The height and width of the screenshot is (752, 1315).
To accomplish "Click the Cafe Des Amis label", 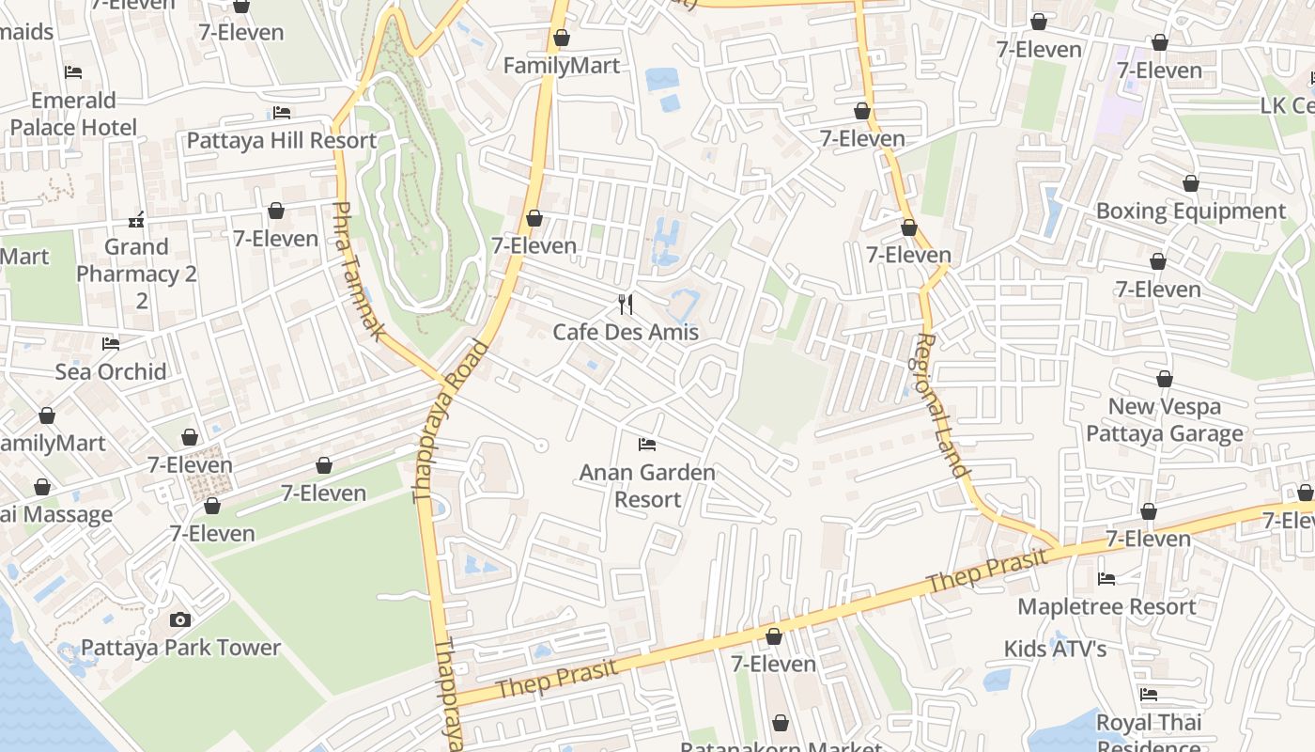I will [626, 332].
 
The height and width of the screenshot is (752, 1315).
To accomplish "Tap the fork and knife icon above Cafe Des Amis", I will [627, 304].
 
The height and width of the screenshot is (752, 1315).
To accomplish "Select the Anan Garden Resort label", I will [647, 485].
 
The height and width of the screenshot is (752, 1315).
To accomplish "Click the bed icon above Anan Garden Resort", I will [646, 444].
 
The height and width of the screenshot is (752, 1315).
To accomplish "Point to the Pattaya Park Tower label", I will [180, 648].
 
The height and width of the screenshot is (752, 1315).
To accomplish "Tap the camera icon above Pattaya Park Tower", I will [180, 619].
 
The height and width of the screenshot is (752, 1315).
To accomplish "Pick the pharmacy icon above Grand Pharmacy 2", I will [136, 221].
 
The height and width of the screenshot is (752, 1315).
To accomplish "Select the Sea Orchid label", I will [111, 371].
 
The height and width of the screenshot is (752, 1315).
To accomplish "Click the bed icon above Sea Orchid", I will [111, 344].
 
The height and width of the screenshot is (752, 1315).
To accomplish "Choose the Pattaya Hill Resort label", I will [282, 141].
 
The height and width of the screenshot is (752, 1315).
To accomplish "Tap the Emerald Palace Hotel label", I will [73, 114].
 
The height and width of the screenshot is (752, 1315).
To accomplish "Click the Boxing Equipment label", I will [1191, 211].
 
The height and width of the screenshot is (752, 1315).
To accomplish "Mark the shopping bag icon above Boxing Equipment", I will [1191, 183].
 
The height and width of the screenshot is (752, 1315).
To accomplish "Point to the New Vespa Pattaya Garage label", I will [1165, 419].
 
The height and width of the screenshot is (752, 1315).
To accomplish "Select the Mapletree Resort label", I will [1107, 606].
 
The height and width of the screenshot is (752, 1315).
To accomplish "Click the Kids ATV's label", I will [1056, 649].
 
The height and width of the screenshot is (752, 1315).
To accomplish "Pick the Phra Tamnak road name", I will [360, 272].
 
